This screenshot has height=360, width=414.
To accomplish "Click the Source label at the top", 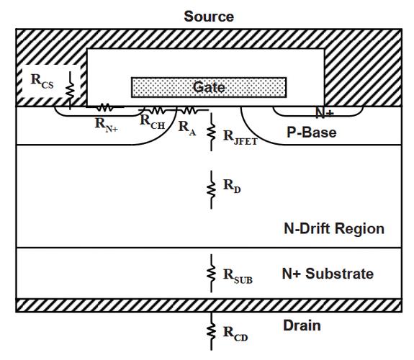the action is coord(209,17).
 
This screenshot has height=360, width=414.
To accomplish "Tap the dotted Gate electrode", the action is coord(209,87).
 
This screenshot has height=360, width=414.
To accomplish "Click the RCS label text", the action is coord(42,81).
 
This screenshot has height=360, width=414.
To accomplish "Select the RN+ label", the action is coord(107,125).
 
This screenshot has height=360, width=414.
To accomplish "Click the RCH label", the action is coord(153,122).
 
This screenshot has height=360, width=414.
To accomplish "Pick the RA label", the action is coord(187,128).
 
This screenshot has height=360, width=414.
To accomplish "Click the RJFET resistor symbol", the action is coord(211,132).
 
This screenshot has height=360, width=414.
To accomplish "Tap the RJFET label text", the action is coord(240,138).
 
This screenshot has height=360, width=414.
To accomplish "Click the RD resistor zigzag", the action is coord(211,189).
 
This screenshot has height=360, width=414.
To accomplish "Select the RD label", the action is coord(232,186).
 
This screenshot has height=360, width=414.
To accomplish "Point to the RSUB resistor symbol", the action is coord(211,274).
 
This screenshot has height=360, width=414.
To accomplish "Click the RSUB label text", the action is coord(238,276).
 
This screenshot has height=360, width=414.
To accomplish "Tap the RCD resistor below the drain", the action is coord(211,332).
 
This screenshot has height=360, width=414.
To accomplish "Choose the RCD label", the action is coord(235,334).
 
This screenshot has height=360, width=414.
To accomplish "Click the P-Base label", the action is coord(312,132).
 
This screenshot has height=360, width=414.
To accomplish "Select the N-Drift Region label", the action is coord(334,229).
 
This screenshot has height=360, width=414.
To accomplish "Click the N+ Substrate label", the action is coord(328,274).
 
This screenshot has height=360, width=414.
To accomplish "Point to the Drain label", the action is coord(302,325).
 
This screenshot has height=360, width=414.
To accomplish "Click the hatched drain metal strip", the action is coord(209,305).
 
